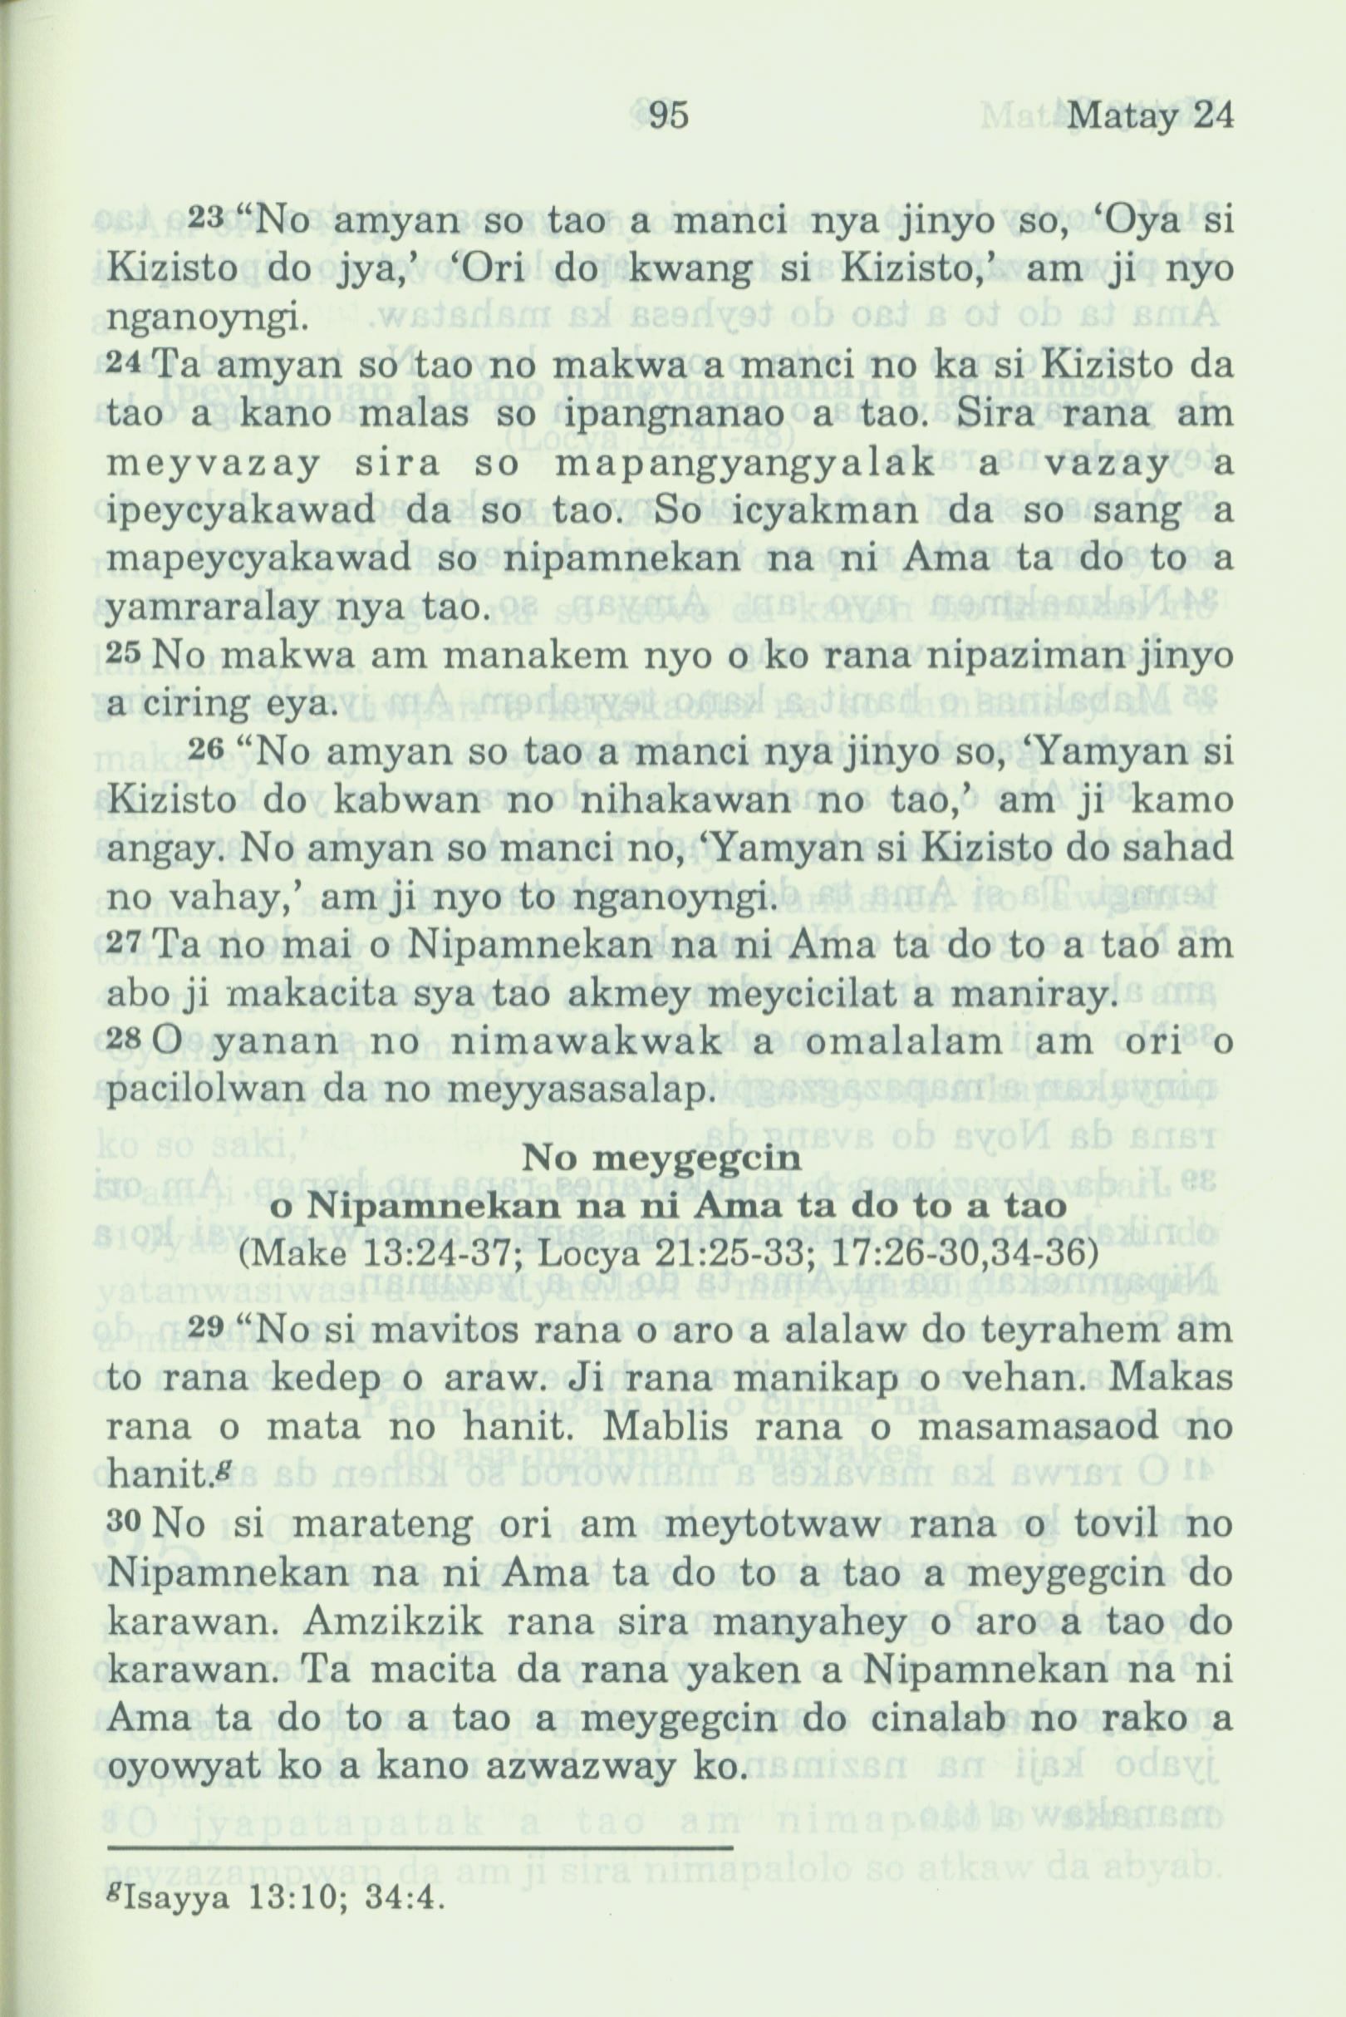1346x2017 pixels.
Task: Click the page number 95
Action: click(669, 116)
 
